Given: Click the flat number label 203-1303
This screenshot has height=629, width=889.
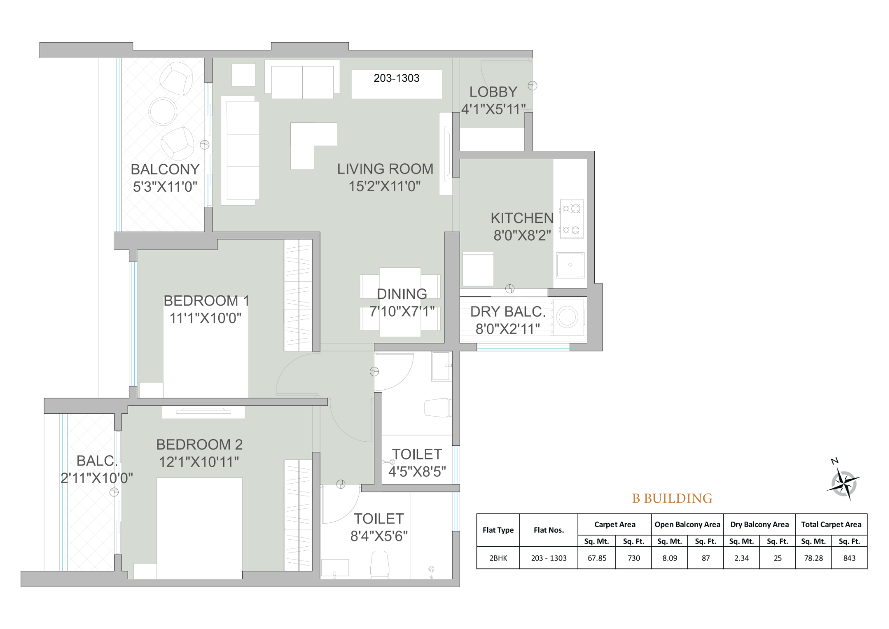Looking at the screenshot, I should (x=396, y=78).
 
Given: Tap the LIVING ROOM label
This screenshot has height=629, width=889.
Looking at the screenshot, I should (x=385, y=169).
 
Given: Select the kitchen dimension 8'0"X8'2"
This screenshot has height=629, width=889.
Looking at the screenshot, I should (x=522, y=235).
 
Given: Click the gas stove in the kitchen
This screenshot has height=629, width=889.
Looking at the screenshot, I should (x=571, y=219).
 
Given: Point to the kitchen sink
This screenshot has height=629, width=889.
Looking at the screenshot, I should (x=570, y=265).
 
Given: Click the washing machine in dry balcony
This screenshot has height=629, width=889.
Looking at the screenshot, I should (x=568, y=317).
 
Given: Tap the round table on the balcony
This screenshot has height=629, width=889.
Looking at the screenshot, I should (x=163, y=111).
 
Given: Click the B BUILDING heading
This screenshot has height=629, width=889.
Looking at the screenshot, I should (x=672, y=499).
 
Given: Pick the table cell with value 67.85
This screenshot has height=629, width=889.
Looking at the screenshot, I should (x=597, y=558).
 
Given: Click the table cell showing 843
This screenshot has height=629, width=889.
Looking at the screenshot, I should (x=849, y=558).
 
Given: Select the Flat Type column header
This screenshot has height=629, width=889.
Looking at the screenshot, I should (x=498, y=530).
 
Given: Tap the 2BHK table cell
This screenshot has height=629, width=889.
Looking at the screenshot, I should (x=498, y=558).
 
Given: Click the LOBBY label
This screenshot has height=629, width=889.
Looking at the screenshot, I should (x=493, y=92).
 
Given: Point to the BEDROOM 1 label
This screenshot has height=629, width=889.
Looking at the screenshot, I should (x=206, y=301).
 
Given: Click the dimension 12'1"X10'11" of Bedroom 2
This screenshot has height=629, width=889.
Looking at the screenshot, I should (x=199, y=462).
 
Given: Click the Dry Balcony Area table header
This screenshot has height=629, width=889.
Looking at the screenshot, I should (x=759, y=524).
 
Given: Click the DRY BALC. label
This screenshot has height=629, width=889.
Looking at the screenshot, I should (x=508, y=312).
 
